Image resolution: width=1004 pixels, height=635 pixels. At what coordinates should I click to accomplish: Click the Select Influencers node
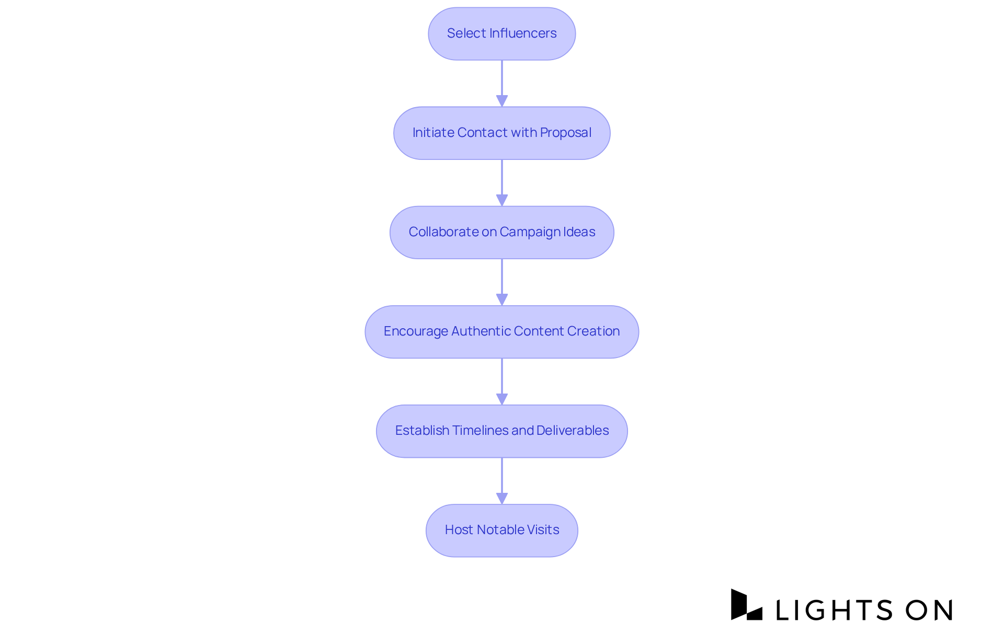click(501, 33)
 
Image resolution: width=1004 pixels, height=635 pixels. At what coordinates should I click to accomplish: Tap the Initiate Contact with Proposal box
click(501, 133)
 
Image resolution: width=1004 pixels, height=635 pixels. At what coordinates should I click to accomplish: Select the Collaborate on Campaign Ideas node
click(501, 232)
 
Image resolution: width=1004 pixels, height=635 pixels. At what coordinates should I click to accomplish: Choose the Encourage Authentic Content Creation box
click(501, 331)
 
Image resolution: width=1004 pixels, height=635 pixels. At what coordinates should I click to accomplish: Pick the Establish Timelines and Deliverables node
click(501, 431)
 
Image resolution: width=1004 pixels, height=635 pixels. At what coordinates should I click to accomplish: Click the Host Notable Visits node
click(501, 530)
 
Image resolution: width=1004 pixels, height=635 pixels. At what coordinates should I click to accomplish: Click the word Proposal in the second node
click(565, 133)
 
